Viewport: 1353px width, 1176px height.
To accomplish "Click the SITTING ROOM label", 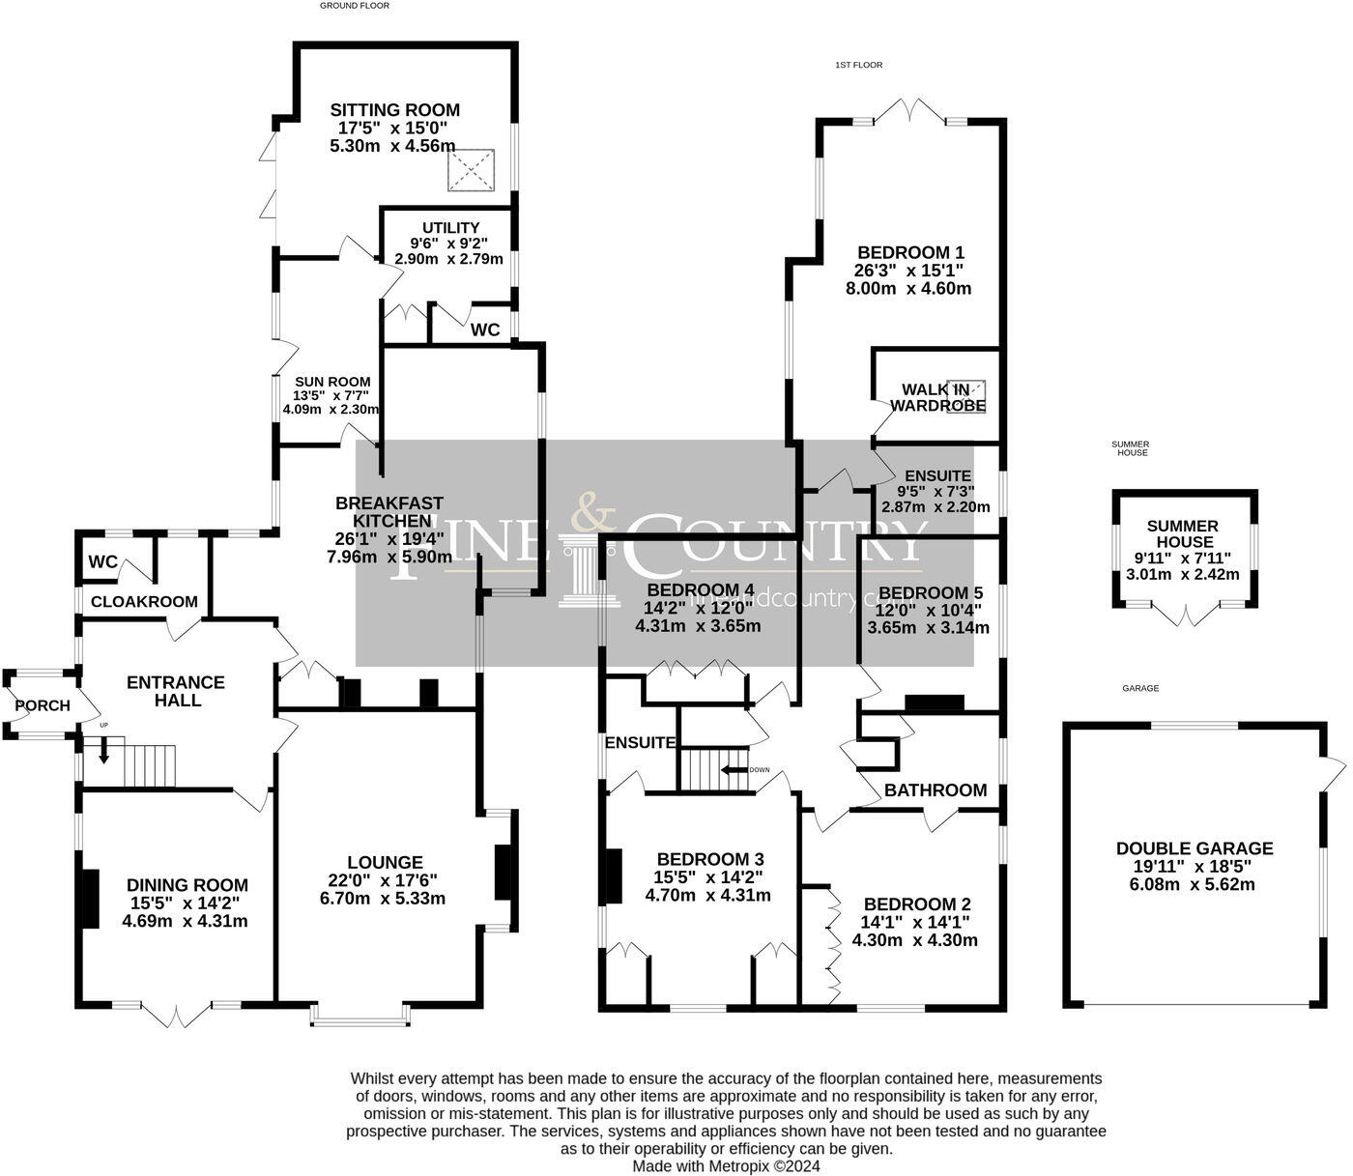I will tap(394, 110).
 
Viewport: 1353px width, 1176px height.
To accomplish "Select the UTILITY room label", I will tap(450, 228).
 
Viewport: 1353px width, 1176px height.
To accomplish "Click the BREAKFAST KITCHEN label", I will tap(389, 512).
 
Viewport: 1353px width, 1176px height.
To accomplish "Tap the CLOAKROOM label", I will tap(144, 601).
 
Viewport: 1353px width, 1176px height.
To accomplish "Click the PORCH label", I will tap(43, 705).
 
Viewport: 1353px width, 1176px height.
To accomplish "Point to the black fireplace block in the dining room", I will tap(90, 899).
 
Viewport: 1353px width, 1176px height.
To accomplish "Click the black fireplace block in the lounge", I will tap(504, 873).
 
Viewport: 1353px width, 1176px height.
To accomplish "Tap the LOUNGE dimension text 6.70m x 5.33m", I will tap(385, 898).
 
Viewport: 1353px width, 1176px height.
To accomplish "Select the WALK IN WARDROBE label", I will tap(937, 397).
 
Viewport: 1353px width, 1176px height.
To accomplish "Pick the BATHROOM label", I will tap(936, 790).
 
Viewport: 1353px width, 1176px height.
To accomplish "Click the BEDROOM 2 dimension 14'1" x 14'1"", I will tap(914, 922).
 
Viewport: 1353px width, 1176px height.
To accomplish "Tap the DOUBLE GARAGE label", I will tap(1195, 848).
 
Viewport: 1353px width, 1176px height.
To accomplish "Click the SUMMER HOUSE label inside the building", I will tap(1183, 534).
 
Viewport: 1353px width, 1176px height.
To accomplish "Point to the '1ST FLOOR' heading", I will tap(859, 65).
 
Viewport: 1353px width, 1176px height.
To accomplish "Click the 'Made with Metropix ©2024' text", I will tap(726, 1166).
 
